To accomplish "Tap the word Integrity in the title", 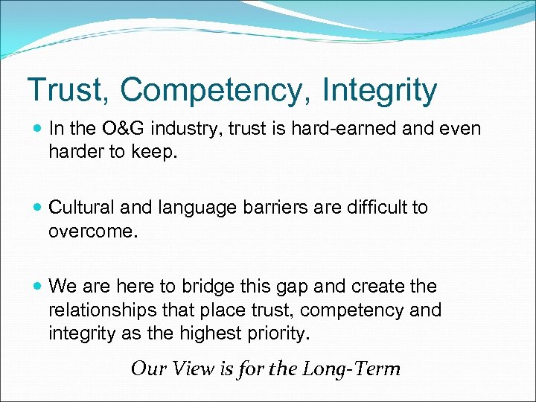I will pos(380,90).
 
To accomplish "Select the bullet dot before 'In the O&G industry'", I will pos(37,129).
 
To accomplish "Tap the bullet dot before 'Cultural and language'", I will pos(37,208).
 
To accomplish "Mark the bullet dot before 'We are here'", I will pos(37,287).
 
